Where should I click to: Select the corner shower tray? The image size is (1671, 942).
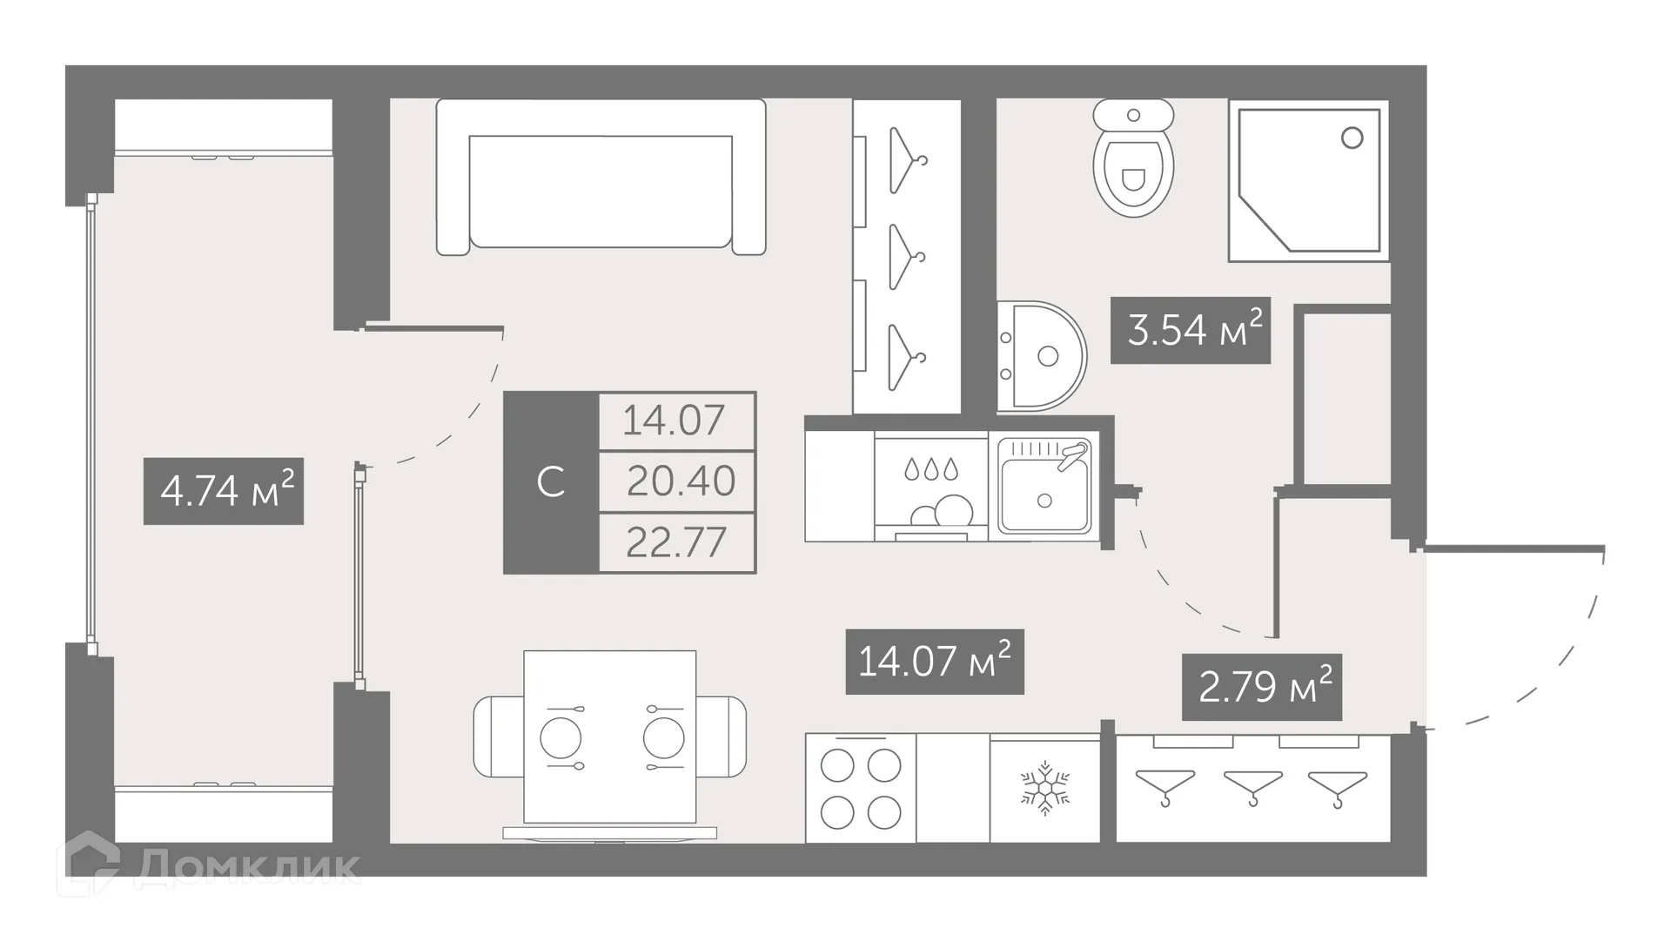coord(1307,181)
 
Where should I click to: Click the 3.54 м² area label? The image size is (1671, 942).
coord(1190,331)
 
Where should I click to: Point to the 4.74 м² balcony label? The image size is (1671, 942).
coord(224,491)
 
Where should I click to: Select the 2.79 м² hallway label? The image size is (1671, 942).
coord(1261,687)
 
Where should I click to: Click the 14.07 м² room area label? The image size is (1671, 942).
coord(934,662)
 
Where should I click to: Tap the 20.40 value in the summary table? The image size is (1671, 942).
coord(680,481)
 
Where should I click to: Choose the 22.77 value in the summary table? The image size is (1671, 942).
coord(675,542)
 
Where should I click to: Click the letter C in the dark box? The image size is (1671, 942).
coord(551,481)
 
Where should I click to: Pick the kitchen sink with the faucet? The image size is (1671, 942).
coord(1044,487)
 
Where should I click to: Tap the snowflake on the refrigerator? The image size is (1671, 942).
coord(1044,789)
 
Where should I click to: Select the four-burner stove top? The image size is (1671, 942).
coord(861,789)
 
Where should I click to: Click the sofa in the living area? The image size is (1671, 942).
coord(601,178)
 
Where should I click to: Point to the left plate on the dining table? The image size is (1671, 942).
coord(560,738)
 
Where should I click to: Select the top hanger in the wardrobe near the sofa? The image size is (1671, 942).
coord(906,158)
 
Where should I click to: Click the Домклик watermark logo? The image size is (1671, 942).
coord(209,865)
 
